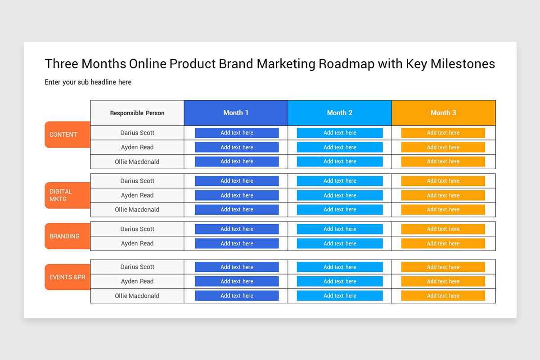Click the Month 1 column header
236,113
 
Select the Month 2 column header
340,113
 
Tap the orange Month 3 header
443,113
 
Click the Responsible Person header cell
137,113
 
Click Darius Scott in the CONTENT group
137,133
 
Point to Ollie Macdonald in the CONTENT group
137,162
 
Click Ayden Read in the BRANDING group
137,243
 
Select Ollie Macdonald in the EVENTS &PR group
137,296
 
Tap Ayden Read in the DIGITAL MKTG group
137,195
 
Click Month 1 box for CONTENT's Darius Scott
237,133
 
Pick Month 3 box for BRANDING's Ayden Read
443,243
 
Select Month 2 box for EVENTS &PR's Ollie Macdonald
340,296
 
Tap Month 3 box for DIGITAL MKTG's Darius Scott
443,181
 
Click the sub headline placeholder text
88,82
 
